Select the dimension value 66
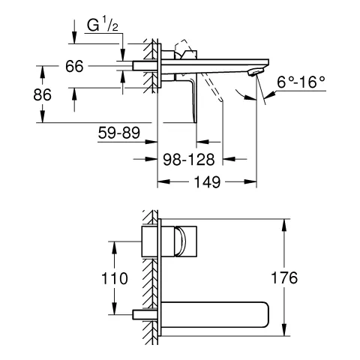(73, 67)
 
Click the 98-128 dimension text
(189, 159)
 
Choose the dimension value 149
(207, 182)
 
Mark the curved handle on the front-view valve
(180, 241)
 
